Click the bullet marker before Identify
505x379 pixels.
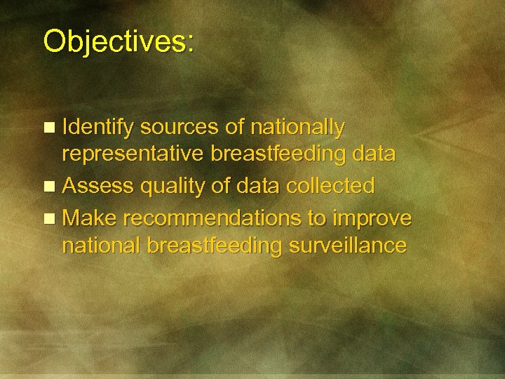[48, 128]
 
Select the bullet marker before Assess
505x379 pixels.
[48, 187]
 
